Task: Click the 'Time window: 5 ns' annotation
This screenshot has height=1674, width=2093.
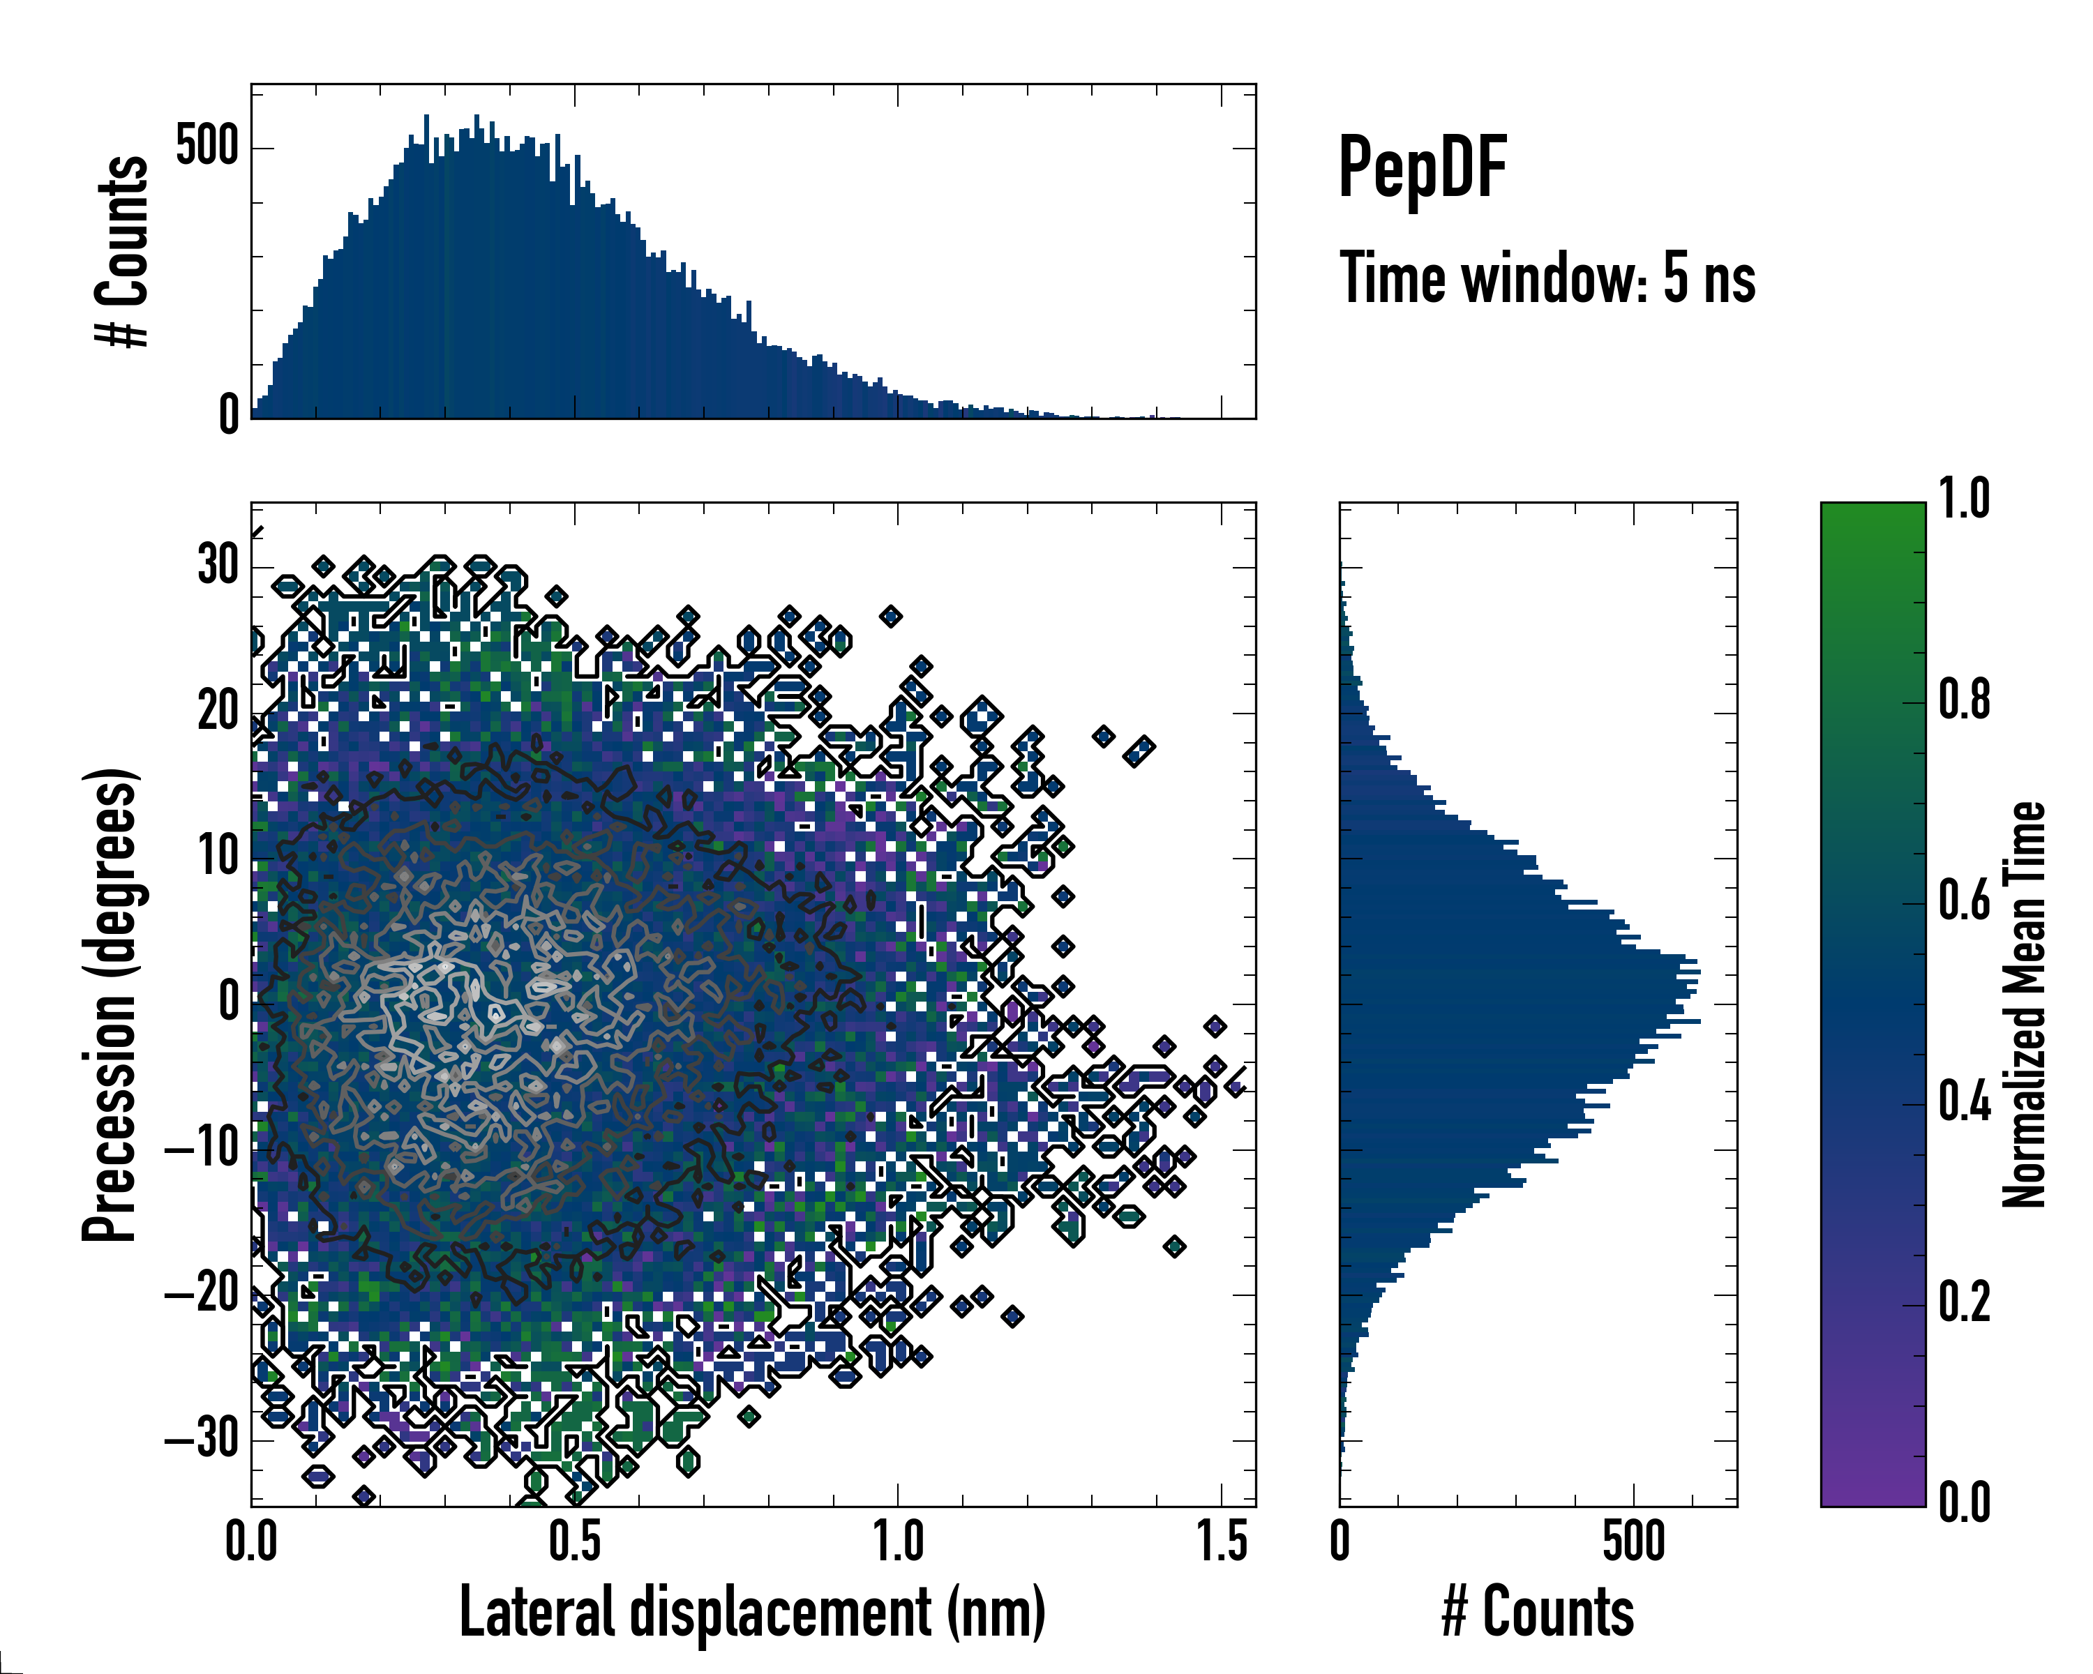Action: [x=1547, y=278]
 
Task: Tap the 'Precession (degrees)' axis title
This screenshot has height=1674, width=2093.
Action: [x=110, y=1004]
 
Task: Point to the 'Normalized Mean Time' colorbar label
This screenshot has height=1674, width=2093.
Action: [x=2024, y=1004]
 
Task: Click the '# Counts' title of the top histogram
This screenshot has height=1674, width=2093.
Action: [x=122, y=250]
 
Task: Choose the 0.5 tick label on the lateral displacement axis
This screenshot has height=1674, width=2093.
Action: [x=575, y=1542]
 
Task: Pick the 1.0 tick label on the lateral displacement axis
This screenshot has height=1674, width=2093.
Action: [x=898, y=1542]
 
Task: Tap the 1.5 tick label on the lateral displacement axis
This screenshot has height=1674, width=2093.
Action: [x=1221, y=1542]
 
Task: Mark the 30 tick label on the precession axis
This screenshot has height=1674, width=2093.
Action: [x=218, y=565]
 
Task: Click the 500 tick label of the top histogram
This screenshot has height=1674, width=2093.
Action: [x=207, y=146]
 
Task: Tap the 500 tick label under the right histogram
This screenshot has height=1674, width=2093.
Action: [x=1634, y=1542]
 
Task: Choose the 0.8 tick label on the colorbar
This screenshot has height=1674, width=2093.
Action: [x=1964, y=701]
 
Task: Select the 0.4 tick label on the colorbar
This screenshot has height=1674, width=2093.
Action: [x=1964, y=1103]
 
